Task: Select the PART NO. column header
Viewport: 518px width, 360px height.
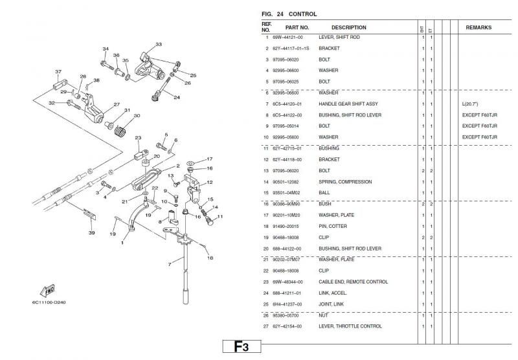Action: tap(297, 28)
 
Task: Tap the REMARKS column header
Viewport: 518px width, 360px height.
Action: tap(479, 28)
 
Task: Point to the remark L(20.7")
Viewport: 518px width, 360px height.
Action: tap(471, 104)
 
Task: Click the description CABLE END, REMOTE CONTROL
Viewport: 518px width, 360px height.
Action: tap(353, 282)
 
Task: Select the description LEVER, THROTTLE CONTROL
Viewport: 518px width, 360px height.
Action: tap(350, 326)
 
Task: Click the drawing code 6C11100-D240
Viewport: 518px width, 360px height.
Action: tap(49, 302)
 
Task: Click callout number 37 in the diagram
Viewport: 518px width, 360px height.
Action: tap(58, 71)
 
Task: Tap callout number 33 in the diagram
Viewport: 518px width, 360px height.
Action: tap(159, 45)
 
